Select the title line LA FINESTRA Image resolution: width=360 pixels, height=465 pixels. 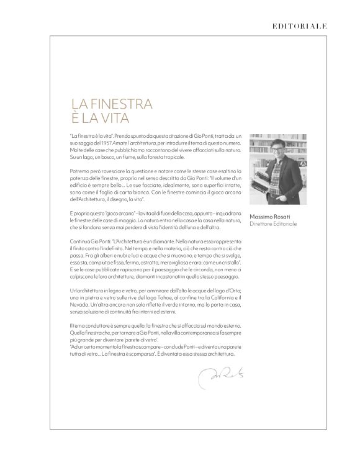[x=112, y=104]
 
